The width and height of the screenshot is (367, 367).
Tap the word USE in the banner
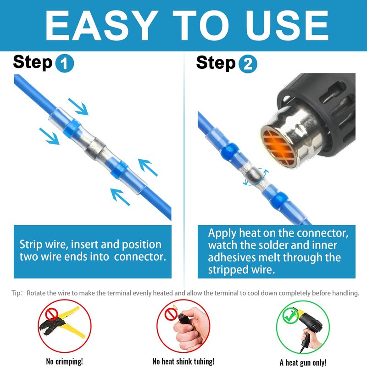[287, 26]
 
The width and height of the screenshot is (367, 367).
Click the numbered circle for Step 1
[65, 63]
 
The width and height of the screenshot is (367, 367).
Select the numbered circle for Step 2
[248, 64]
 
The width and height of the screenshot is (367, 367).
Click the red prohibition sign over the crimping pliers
[51, 314]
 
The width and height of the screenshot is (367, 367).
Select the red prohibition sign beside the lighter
[171, 314]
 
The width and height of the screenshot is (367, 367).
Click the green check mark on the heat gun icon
[290, 316]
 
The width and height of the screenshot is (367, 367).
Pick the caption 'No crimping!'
[64, 361]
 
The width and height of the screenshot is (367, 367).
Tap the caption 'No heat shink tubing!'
[183, 361]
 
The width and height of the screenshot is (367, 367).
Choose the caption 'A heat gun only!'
[303, 362]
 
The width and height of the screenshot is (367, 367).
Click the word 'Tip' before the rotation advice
[16, 293]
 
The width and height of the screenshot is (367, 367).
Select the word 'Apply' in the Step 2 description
[222, 234]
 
